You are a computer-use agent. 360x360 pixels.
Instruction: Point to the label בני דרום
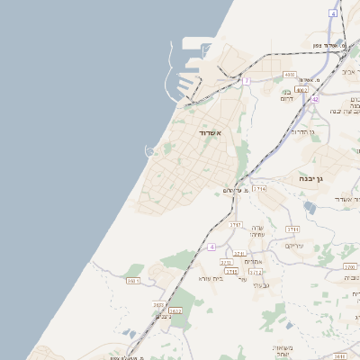(x=286, y=94)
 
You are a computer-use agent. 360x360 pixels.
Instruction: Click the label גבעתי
(x=261, y=285)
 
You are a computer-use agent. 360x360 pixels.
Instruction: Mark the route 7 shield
(x=246, y=81)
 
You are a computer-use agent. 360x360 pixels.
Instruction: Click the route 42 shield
(x=315, y=99)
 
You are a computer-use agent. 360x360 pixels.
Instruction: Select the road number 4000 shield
(x=289, y=75)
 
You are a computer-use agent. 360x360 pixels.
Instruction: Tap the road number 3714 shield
(x=259, y=189)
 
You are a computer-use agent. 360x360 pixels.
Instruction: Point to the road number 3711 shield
(x=292, y=229)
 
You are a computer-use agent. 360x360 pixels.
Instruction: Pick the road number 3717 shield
(x=236, y=223)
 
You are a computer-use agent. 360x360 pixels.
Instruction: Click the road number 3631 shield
(x=133, y=281)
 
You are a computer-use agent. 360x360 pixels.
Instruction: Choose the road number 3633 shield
(x=159, y=305)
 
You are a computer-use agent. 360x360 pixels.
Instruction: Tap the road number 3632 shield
(x=175, y=310)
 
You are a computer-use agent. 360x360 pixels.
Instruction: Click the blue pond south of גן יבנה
(x=310, y=207)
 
